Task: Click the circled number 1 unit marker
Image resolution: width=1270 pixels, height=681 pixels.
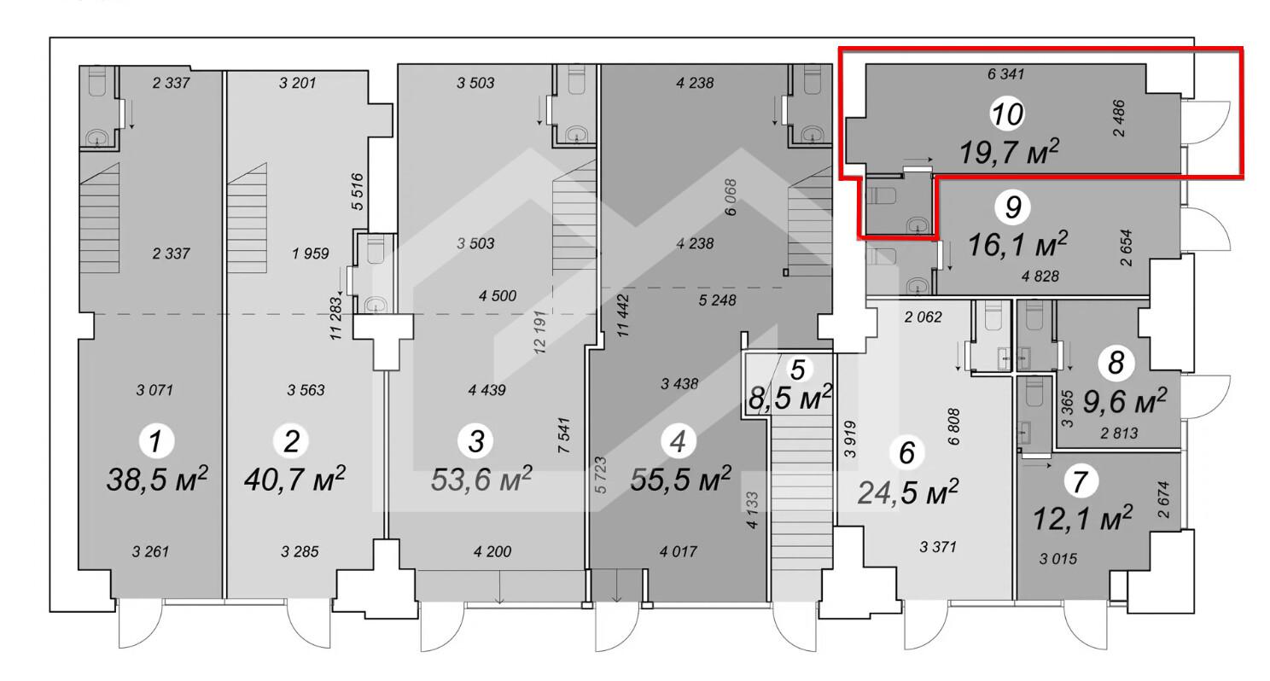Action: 156,440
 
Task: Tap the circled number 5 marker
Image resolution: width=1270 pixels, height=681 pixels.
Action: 797,370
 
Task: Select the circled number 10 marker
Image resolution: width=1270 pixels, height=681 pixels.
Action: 1007,114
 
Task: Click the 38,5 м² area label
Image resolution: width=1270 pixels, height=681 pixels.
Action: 157,479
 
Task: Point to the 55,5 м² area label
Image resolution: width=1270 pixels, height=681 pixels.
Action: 680,479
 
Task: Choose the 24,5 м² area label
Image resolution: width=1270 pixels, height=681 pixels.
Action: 907,492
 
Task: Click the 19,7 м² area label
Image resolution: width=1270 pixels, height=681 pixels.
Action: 1009,152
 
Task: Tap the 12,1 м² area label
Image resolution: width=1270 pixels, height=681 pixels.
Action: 1082,518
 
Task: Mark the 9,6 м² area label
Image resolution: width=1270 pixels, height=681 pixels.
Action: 1125,401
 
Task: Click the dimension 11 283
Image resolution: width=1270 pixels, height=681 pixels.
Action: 337,318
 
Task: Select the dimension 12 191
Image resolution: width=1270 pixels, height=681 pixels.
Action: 539,332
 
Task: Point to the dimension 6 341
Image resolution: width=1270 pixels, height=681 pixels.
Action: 1005,73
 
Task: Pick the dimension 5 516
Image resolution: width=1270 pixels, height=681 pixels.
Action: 357,192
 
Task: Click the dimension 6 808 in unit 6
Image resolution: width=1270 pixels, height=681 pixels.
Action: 953,427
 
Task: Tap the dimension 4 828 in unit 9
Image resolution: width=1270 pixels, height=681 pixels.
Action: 1040,276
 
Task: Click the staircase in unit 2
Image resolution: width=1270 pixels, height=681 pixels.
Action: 248,218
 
